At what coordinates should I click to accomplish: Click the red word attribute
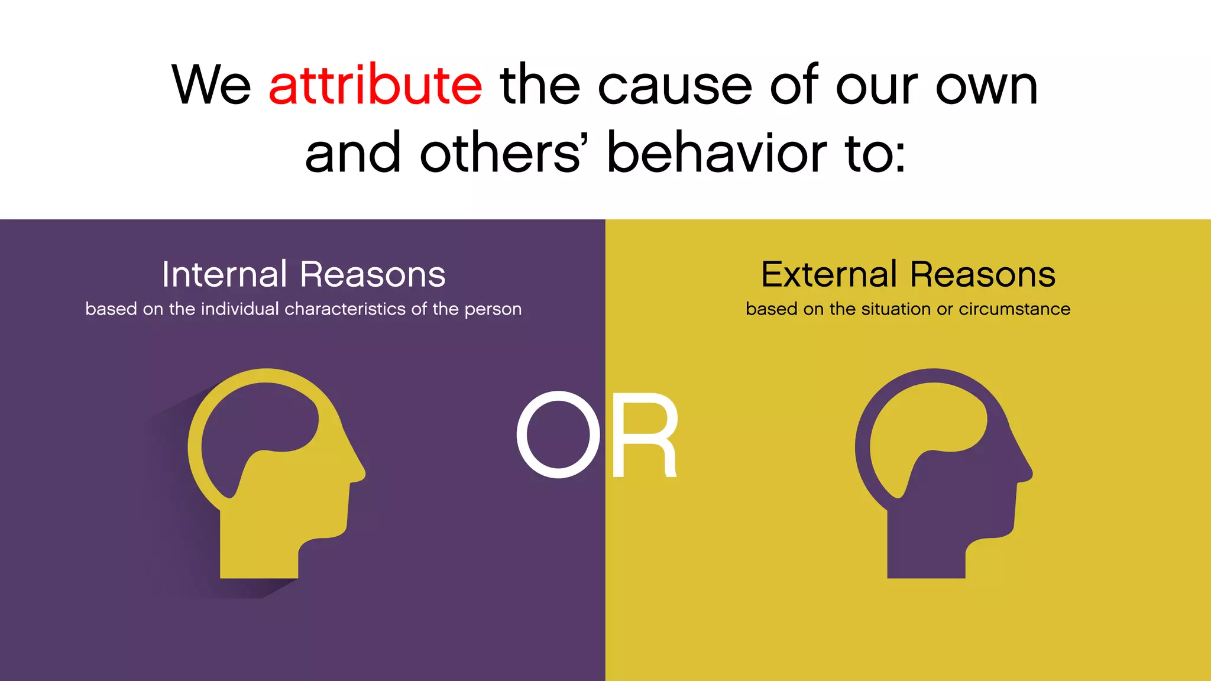point(375,86)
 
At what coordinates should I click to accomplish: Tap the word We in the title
point(211,86)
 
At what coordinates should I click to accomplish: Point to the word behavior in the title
point(717,154)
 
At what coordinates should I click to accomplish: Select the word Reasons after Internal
point(373,274)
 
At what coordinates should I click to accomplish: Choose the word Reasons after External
point(983,274)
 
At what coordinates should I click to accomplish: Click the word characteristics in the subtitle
point(345,309)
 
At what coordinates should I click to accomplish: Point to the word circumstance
point(1014,309)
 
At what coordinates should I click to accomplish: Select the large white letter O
point(558,434)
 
